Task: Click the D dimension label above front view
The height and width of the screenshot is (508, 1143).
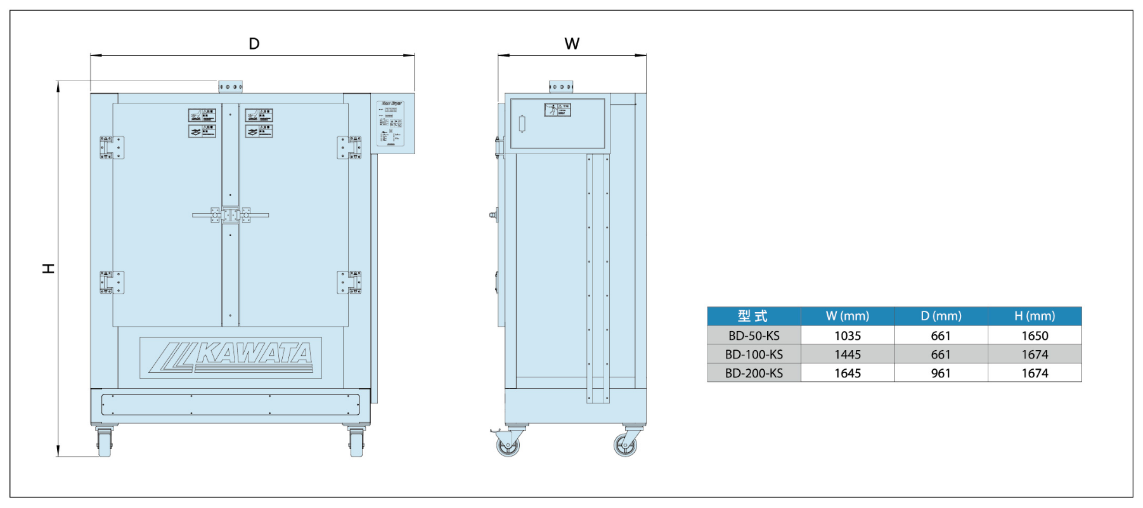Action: click(x=254, y=44)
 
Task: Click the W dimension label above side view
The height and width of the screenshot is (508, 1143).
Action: click(x=572, y=44)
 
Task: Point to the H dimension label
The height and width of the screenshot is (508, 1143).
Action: click(x=48, y=268)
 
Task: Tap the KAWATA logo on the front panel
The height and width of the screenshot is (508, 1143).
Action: click(x=231, y=358)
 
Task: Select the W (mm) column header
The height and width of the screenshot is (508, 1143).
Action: click(x=847, y=316)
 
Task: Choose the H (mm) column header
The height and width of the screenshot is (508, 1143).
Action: click(x=1034, y=316)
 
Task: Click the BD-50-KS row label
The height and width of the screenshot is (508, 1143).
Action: click(x=754, y=335)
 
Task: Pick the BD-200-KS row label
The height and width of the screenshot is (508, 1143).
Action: click(x=754, y=373)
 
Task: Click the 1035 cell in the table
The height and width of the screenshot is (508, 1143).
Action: click(x=847, y=335)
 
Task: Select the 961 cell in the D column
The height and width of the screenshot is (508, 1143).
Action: click(x=941, y=373)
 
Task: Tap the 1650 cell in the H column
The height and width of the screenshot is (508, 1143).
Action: click(x=1034, y=335)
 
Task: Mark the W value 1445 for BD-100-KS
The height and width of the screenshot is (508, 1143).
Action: click(x=847, y=354)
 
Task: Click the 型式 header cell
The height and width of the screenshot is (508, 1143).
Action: click(x=753, y=316)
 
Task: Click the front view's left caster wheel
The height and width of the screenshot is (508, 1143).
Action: click(x=105, y=442)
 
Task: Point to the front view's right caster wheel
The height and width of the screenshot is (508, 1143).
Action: click(x=357, y=442)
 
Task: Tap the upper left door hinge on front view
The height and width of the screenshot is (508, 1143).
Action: click(x=112, y=148)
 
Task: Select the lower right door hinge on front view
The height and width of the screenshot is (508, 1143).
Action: click(x=349, y=282)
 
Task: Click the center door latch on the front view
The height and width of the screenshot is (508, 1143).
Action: click(x=230, y=216)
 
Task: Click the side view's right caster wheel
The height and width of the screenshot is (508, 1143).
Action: click(x=626, y=445)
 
